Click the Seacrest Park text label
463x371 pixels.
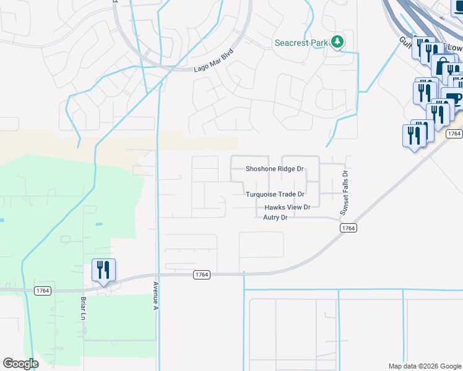(301, 43)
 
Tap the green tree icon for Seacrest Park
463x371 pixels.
(337, 43)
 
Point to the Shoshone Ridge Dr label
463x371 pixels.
(275, 169)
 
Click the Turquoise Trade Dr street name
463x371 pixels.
(275, 194)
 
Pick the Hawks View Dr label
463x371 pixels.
(287, 207)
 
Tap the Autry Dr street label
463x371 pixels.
(275, 218)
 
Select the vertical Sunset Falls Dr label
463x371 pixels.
(345, 194)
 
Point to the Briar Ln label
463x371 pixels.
(82, 308)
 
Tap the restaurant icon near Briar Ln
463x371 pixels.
(103, 270)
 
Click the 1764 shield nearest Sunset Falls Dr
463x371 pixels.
(348, 228)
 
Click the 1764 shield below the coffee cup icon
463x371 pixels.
(454, 134)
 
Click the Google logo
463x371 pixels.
(20, 364)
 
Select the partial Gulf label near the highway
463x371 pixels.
(406, 40)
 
